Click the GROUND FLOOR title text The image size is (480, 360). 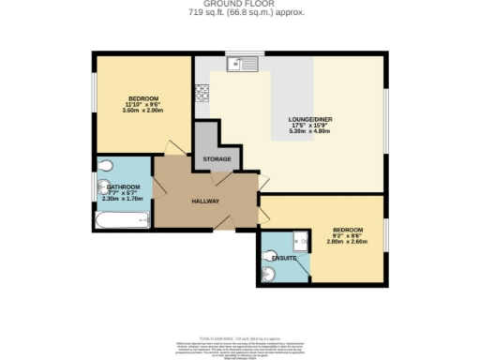tap(240, 4)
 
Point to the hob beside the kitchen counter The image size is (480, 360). tap(201, 92)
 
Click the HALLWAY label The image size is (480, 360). tap(205, 201)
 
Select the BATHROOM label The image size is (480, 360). tap(122, 187)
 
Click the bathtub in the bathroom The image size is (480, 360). tap(123, 221)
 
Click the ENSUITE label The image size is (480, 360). tap(283, 257)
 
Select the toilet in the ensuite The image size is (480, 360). tap(268, 273)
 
